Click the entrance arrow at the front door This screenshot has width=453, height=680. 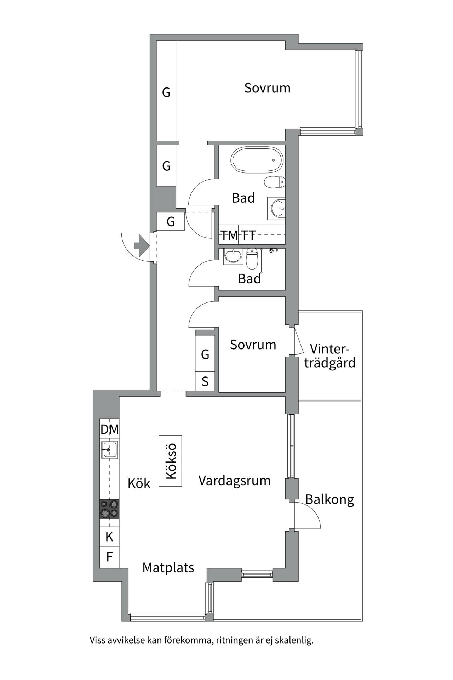141,245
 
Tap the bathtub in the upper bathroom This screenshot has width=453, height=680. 257,160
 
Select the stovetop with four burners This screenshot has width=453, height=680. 109,509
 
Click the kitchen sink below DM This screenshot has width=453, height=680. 109,450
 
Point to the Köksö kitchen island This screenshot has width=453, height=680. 171,461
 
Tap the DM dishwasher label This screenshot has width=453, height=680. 110,430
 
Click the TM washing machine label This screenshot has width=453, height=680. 229,235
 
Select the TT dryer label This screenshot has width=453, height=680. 248,235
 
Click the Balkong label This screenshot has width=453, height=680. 329,500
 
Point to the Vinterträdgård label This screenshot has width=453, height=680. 330,356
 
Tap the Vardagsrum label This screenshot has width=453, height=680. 234,481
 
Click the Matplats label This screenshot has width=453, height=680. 168,568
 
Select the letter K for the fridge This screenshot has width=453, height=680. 109,537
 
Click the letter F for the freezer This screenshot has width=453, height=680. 109,557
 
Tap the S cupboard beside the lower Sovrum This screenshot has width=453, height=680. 205,381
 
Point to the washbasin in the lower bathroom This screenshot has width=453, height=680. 233,256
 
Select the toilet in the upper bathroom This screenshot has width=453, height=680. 275,182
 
